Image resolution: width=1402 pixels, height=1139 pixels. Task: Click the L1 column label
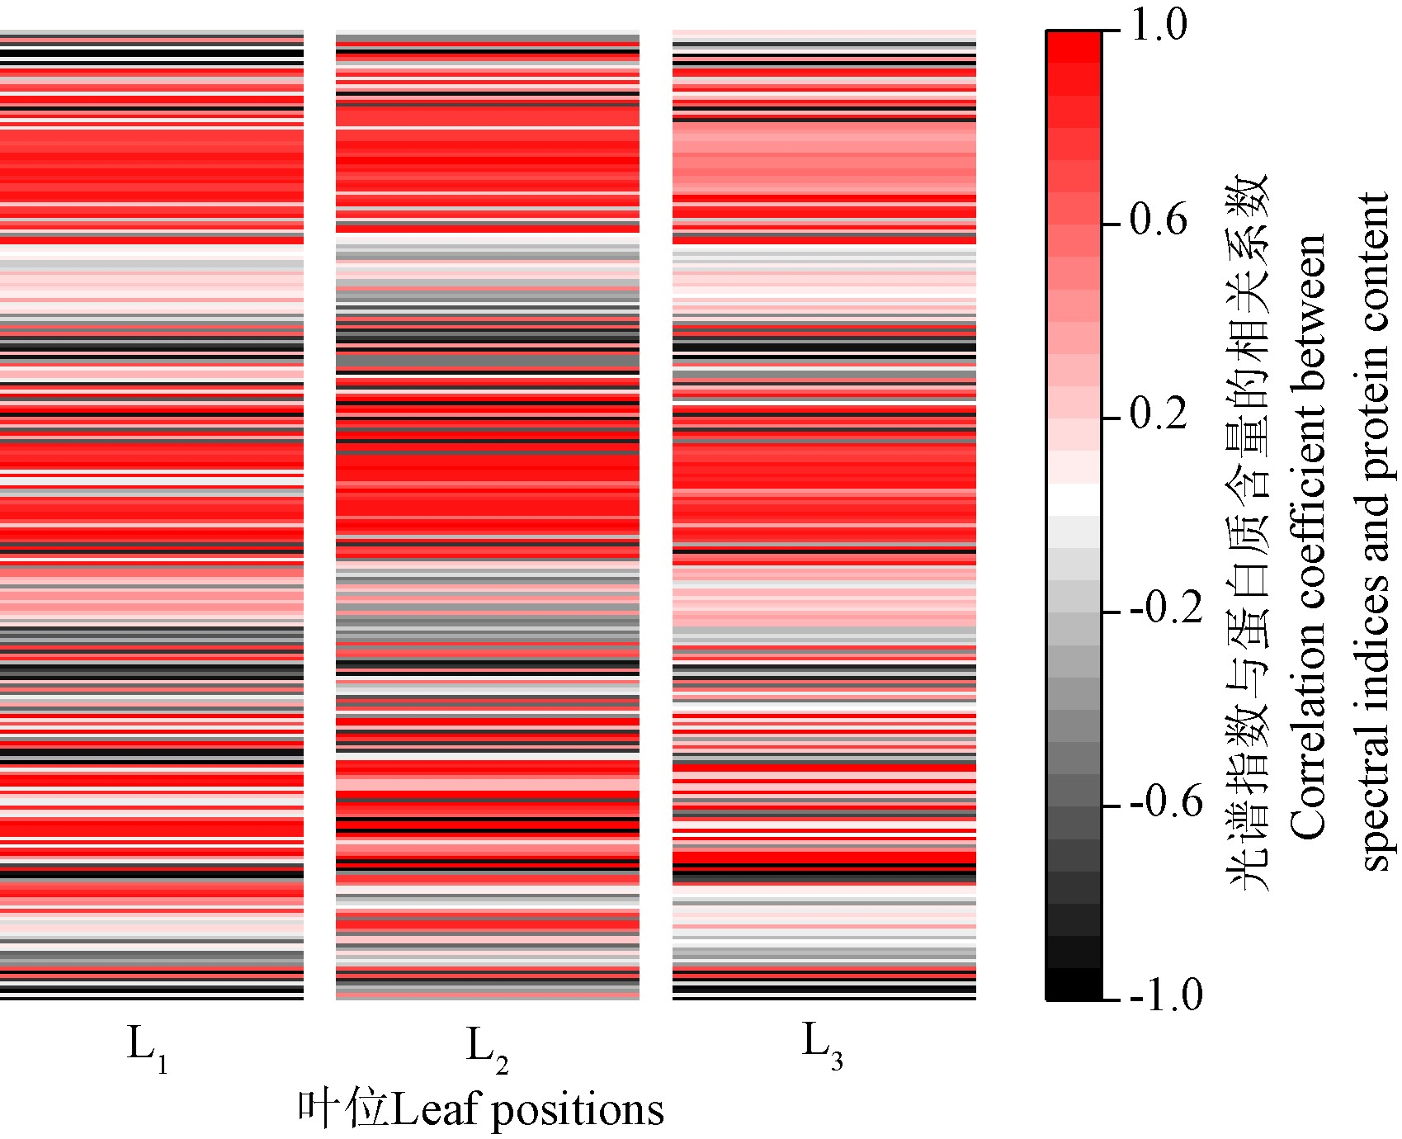pyautogui.click(x=148, y=1047)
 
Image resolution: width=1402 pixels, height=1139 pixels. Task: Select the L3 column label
pyautogui.click(x=823, y=1047)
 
